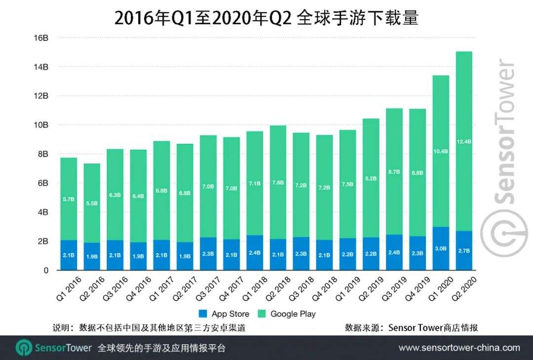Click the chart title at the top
coord(266,18)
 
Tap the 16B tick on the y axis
coord(40,37)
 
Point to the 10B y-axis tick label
coord(40,125)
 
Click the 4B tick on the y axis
coord(42,212)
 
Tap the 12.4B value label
coord(464,142)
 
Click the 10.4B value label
coord(440,151)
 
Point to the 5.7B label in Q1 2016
coord(69,200)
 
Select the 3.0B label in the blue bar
coord(440,249)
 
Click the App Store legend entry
coord(225,314)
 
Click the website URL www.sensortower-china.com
coord(459,348)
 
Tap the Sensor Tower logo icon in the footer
coord(24,348)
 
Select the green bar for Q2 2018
coord(278,182)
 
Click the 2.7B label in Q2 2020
coord(464,251)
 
